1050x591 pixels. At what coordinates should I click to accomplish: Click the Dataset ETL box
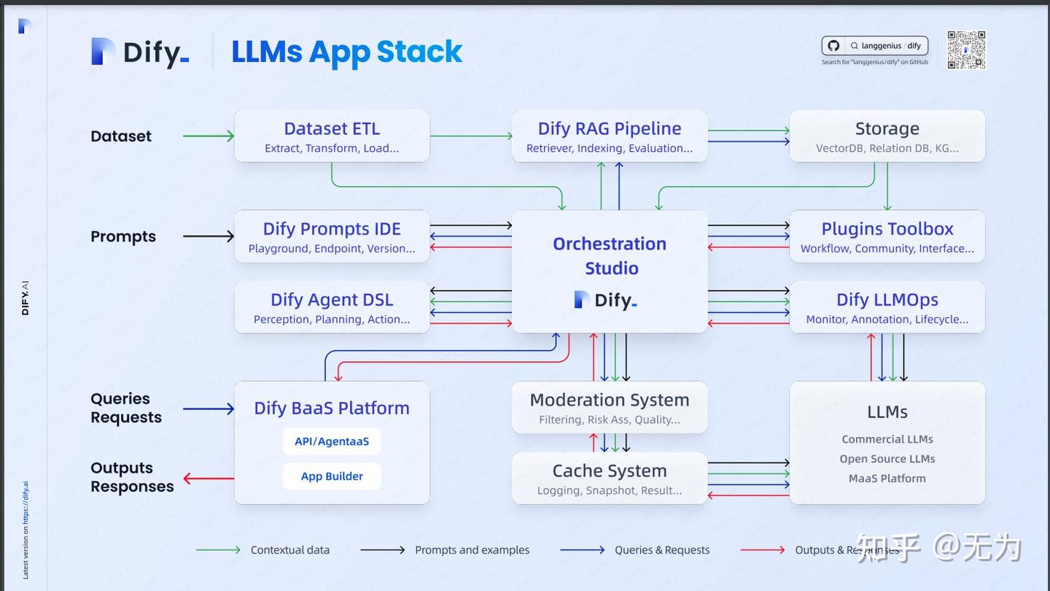pyautogui.click(x=332, y=136)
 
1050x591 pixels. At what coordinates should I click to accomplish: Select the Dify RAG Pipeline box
pyautogui.click(x=610, y=136)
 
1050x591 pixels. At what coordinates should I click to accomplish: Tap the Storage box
pyautogui.click(x=887, y=136)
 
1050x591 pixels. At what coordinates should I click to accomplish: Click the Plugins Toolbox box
pyautogui.click(x=887, y=236)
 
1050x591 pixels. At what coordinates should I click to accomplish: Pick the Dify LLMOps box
pyautogui.click(x=887, y=307)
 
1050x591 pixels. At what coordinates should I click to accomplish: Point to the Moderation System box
pyautogui.click(x=610, y=407)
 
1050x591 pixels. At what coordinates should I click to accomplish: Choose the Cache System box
pyautogui.click(x=610, y=478)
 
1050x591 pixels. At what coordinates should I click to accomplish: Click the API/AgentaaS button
pyautogui.click(x=332, y=441)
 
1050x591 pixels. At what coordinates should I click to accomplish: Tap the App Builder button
pyautogui.click(x=332, y=476)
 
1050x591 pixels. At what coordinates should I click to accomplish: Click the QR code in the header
pyautogui.click(x=966, y=50)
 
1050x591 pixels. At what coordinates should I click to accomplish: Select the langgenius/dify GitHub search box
pyautogui.click(x=875, y=46)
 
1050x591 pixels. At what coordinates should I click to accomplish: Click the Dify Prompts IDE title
pyautogui.click(x=332, y=229)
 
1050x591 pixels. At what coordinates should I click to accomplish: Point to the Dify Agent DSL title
pyautogui.click(x=332, y=300)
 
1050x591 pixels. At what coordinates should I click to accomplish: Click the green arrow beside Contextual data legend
pyautogui.click(x=218, y=550)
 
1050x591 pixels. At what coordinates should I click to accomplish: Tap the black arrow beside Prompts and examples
pyautogui.click(x=382, y=550)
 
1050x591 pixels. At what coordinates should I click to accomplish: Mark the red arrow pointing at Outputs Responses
pyautogui.click(x=209, y=479)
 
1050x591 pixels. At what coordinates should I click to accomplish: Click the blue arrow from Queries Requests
pyautogui.click(x=209, y=409)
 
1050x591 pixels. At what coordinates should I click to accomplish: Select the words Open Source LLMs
pyautogui.click(x=887, y=459)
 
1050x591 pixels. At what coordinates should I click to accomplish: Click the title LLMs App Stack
pyautogui.click(x=346, y=52)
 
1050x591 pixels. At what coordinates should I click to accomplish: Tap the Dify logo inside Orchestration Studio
pyautogui.click(x=606, y=300)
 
